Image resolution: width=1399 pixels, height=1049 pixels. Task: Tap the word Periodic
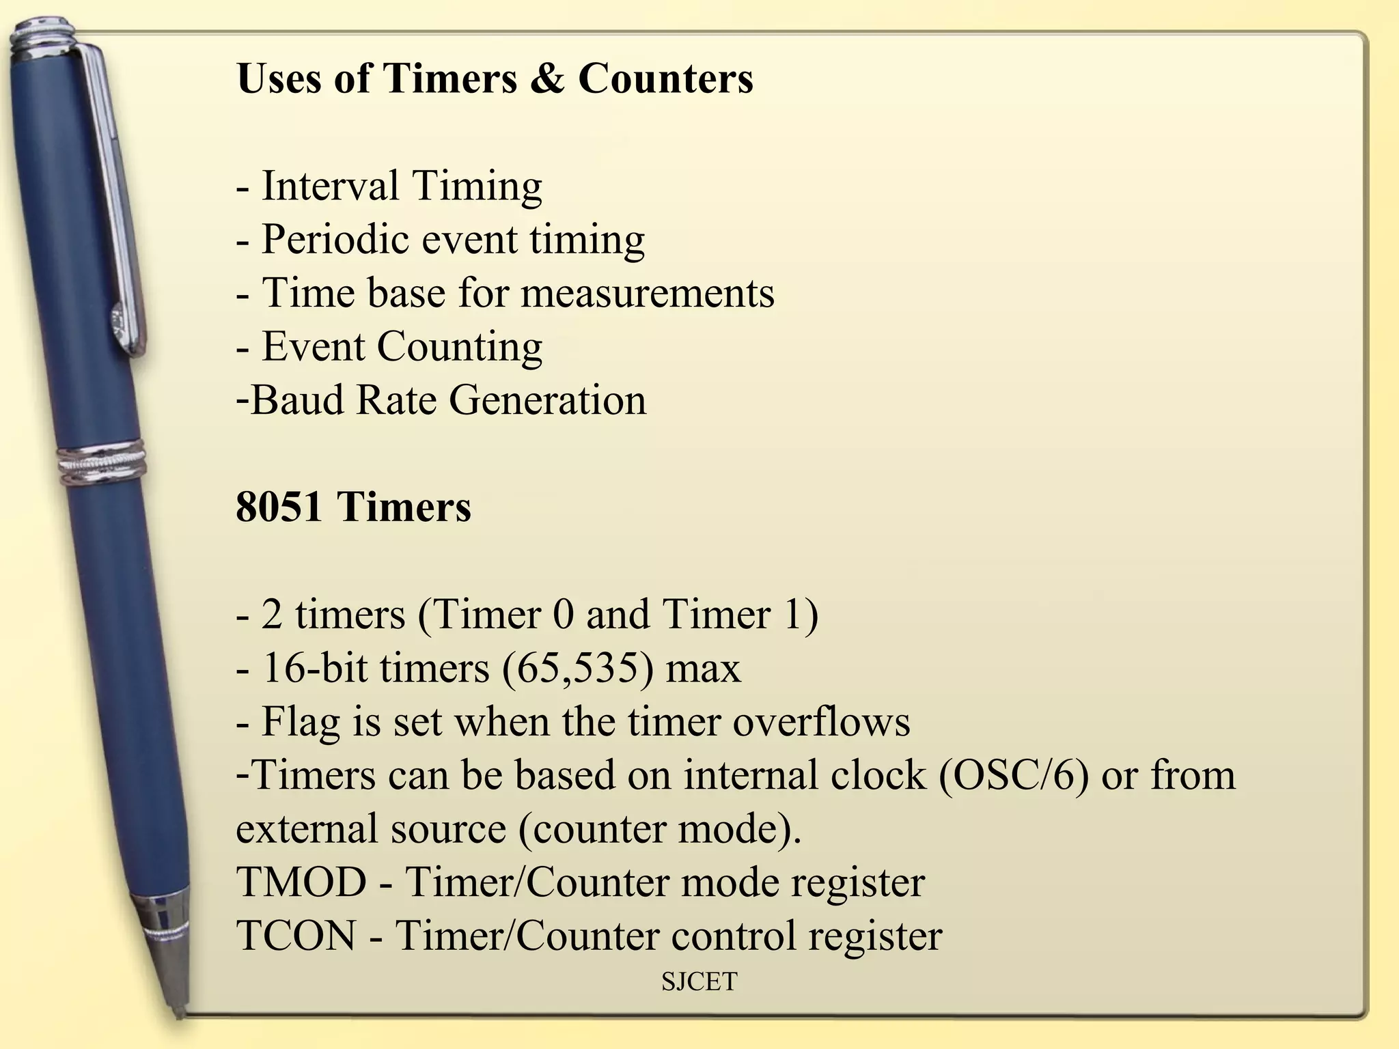(335, 240)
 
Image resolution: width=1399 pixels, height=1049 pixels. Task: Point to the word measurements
(648, 293)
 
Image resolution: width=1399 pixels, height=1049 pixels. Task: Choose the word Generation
(547, 400)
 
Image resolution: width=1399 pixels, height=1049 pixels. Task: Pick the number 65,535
(576, 668)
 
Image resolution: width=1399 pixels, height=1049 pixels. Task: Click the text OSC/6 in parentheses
(1013, 776)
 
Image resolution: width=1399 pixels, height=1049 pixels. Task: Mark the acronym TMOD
(301, 882)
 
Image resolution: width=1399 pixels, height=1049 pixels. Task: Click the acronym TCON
(296, 936)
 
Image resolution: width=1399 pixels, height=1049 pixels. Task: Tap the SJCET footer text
(699, 982)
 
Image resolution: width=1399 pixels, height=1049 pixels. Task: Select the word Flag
(301, 722)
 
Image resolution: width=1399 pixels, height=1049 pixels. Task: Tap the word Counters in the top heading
(665, 78)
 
